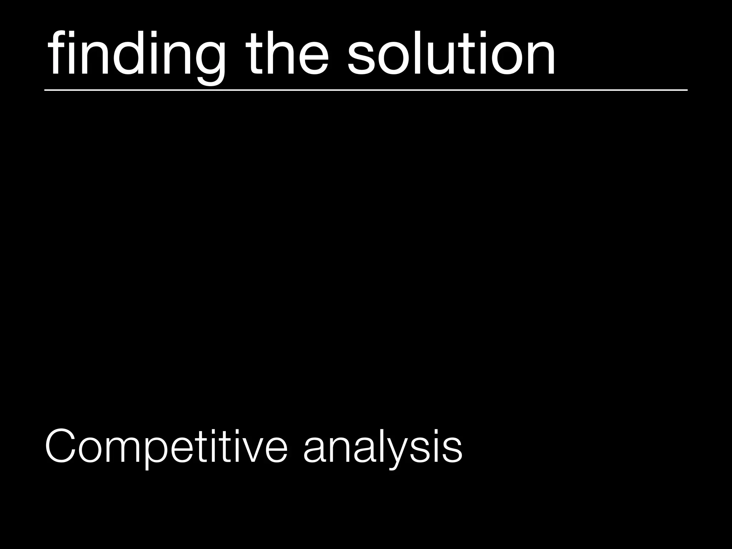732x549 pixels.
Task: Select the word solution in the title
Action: [x=451, y=54]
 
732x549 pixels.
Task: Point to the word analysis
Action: [x=383, y=447]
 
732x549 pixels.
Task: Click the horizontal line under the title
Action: [x=366, y=90]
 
